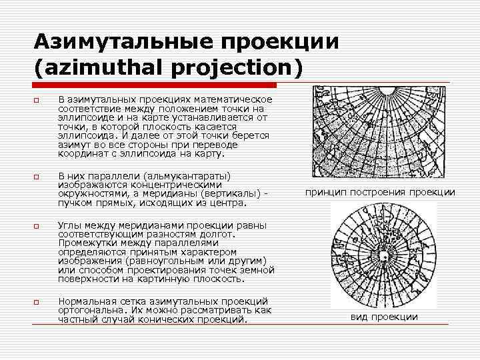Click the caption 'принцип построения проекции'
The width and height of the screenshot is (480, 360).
[380, 193]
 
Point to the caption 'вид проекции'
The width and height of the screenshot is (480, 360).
[384, 317]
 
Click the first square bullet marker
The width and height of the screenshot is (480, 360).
[37, 101]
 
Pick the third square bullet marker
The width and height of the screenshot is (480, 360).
[37, 226]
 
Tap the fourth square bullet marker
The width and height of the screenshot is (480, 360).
[37, 302]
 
